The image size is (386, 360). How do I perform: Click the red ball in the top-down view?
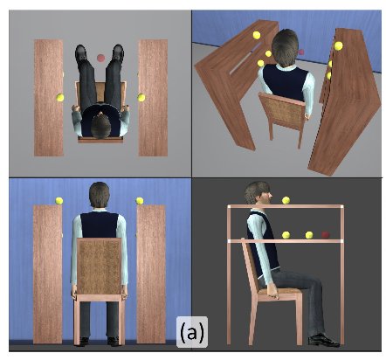(x=100, y=58)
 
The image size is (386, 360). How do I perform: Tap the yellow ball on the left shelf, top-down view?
(x=60, y=98)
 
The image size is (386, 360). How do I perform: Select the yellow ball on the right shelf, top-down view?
(x=141, y=98)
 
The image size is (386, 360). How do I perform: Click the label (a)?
(x=192, y=332)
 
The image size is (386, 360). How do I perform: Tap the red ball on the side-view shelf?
(x=326, y=234)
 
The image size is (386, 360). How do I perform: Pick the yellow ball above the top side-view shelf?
(x=286, y=200)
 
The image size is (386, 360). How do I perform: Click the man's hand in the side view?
(x=272, y=293)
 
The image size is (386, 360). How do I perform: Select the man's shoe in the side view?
(x=323, y=340)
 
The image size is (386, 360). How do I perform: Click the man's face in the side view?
(x=266, y=195)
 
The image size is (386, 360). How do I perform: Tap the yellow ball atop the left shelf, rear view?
(x=59, y=201)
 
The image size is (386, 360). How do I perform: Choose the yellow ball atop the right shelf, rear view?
(x=140, y=201)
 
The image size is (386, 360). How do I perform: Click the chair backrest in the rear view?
(x=100, y=266)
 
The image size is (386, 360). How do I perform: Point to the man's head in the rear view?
(x=100, y=195)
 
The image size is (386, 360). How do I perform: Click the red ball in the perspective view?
(x=301, y=52)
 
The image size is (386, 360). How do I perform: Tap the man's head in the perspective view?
(x=286, y=47)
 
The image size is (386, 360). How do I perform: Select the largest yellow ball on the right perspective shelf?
(x=338, y=45)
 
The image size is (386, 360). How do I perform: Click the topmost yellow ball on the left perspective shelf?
(x=257, y=35)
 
